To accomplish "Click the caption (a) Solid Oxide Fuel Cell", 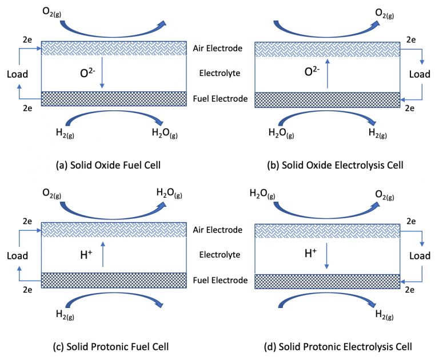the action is click(109, 165).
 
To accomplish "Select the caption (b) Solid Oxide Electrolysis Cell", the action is click(335, 165).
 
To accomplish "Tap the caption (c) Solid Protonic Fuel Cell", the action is click(111, 346).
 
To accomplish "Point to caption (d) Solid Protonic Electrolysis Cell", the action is click(338, 346).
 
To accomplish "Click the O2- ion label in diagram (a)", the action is click(87, 73).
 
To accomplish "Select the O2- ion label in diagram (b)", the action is click(312, 71).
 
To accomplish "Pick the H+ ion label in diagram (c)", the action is click(86, 254).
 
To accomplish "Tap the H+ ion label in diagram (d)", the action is click(310, 253).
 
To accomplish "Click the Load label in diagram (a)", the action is click(17, 74).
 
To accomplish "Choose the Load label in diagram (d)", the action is click(420, 255).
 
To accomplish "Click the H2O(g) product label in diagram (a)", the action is click(165, 133).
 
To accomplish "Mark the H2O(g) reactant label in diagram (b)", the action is click(281, 133).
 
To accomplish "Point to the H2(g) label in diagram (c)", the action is click(65, 315).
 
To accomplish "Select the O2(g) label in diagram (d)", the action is click(384, 194).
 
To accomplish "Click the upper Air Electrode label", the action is click(218, 48).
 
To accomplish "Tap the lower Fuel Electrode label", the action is click(220, 280).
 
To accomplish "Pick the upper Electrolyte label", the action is click(219, 73).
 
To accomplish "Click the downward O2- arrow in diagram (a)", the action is click(102, 73).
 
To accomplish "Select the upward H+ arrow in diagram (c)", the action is click(103, 254).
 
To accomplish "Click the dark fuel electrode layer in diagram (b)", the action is click(328, 100).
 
